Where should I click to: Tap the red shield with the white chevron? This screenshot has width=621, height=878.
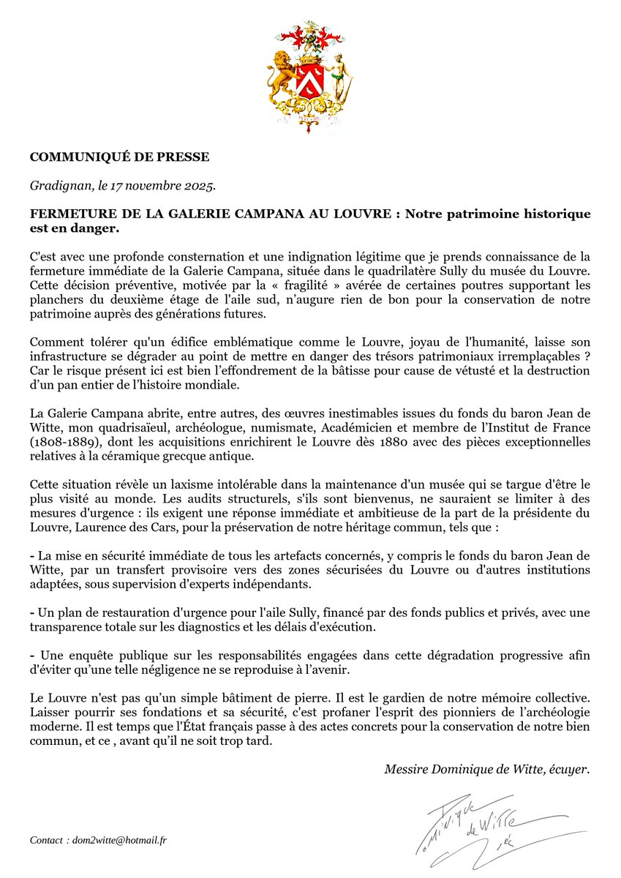(310, 80)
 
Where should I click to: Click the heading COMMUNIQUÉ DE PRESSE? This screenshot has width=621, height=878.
(119, 157)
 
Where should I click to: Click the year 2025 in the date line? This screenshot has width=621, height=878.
(200, 187)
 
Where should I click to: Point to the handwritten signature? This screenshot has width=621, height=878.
(490, 827)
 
